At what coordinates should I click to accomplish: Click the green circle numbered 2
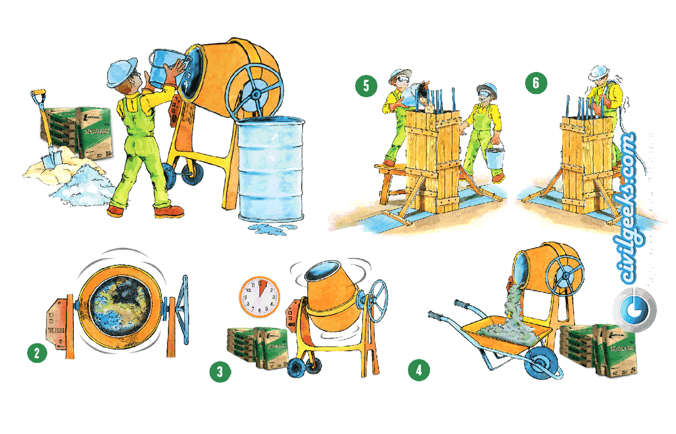pos(37,353)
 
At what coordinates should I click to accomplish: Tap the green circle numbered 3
pos(219,372)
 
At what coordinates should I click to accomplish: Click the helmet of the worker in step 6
pos(602,71)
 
